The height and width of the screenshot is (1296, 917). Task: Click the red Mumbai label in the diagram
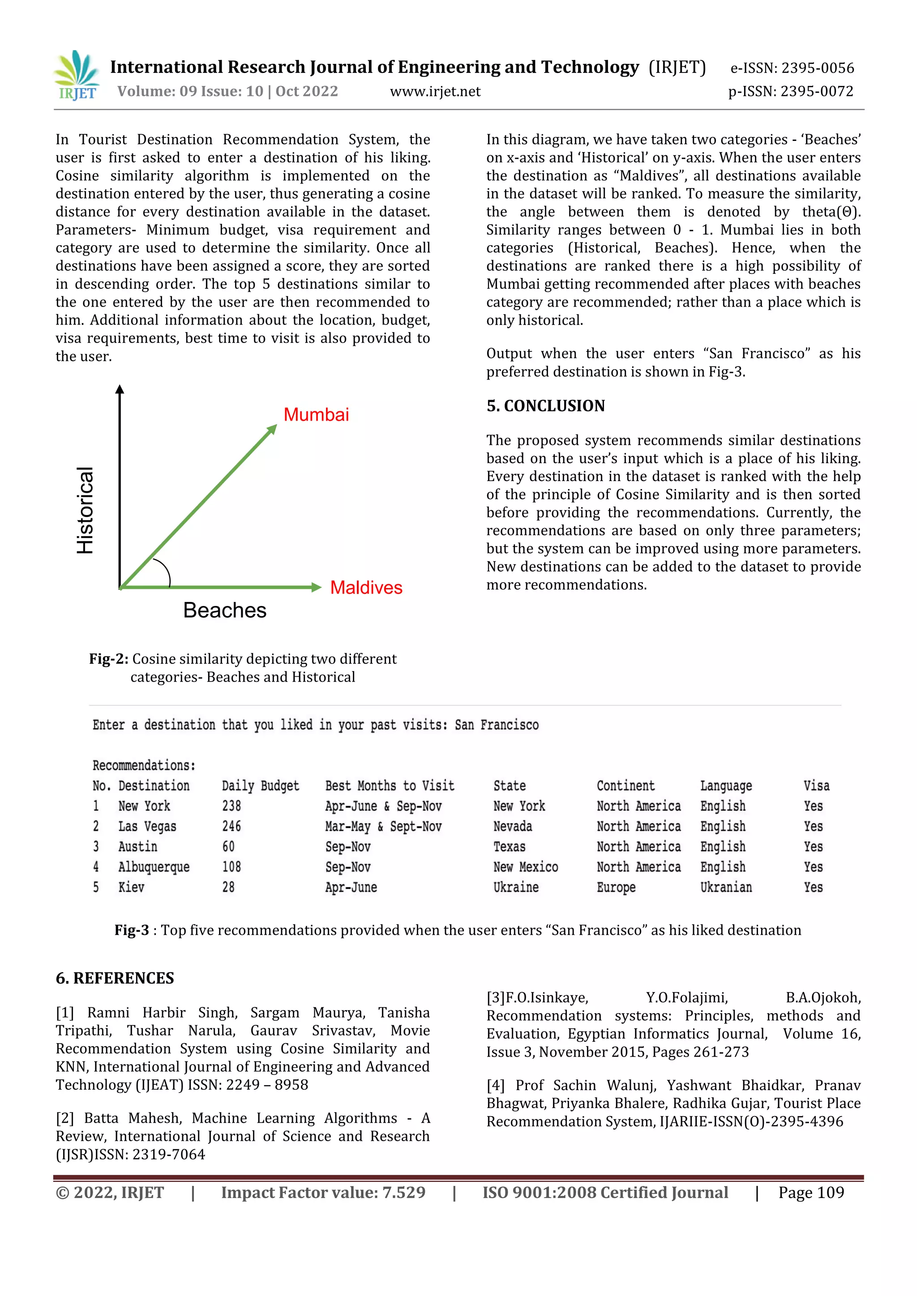316,415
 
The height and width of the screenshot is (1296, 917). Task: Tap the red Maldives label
366,588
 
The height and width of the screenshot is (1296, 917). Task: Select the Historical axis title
85,510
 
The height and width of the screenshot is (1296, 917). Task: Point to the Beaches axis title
224,610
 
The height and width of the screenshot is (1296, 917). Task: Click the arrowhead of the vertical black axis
120,389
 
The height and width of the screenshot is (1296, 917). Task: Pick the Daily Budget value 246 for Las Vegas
231,827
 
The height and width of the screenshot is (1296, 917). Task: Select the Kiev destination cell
131,887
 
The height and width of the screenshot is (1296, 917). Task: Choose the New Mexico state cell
525,867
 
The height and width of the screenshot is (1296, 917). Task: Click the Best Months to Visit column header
390,786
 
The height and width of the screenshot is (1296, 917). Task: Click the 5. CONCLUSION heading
545,406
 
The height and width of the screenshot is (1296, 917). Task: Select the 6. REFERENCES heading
115,978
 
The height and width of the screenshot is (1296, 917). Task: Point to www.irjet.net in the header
435,91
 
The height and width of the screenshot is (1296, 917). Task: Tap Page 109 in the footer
811,1193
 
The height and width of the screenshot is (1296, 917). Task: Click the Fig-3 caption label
132,930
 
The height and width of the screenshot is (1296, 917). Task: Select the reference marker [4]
495,1086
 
